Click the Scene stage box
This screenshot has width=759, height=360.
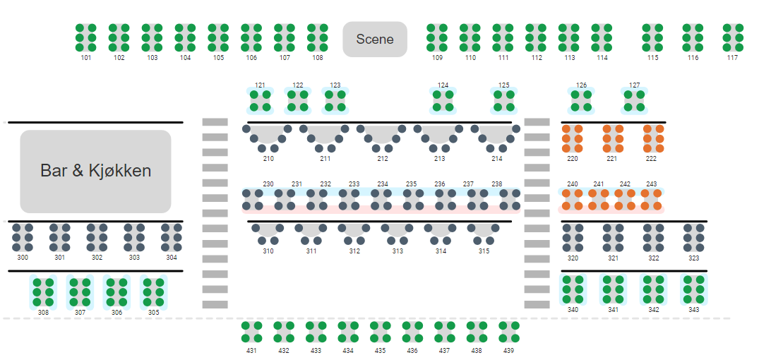coord(375,39)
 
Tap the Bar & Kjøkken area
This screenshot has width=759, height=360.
coord(95,171)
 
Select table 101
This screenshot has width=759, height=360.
coord(86,37)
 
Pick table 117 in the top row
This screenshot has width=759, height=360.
coord(733,37)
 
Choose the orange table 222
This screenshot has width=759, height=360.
coord(653,138)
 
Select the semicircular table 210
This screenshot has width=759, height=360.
coord(268,136)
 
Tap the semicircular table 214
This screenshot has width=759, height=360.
coord(496,136)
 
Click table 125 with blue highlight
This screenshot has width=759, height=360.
coord(503,100)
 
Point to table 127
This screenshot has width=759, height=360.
coord(635,100)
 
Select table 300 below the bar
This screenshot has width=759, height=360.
coord(23,238)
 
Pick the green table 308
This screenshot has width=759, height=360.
coord(44,292)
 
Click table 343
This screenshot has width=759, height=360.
coord(694,289)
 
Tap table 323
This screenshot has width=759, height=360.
coord(694,238)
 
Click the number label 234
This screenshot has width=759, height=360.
coord(383,184)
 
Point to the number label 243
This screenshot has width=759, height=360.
coord(651,184)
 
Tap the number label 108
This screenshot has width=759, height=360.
coord(318,58)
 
